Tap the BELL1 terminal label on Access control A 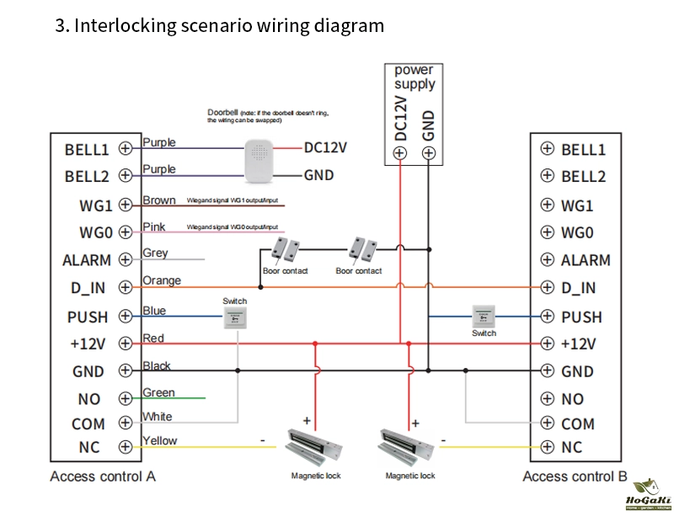[x=87, y=150]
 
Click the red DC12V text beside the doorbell [x=326, y=147]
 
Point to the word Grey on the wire [x=155, y=253]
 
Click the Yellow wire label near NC [x=160, y=440]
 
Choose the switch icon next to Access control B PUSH [x=484, y=316]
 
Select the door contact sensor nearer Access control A [x=286, y=248]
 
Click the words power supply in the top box [x=415, y=77]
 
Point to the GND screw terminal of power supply [x=429, y=152]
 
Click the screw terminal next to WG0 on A [x=125, y=232]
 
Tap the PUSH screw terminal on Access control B [x=547, y=317]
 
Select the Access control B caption [x=575, y=477]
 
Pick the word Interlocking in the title [x=125, y=25]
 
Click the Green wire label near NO [x=158, y=392]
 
